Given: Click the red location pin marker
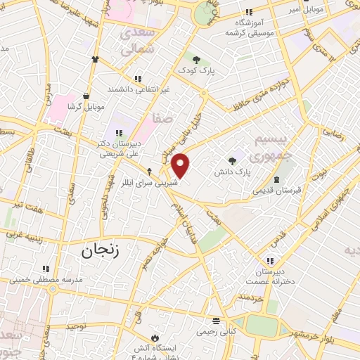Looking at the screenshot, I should [x=181, y=165].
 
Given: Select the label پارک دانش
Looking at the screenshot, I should [x=232, y=171].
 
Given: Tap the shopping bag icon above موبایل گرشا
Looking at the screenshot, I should [x=86, y=96].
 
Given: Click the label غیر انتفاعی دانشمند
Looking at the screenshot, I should [x=138, y=89].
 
